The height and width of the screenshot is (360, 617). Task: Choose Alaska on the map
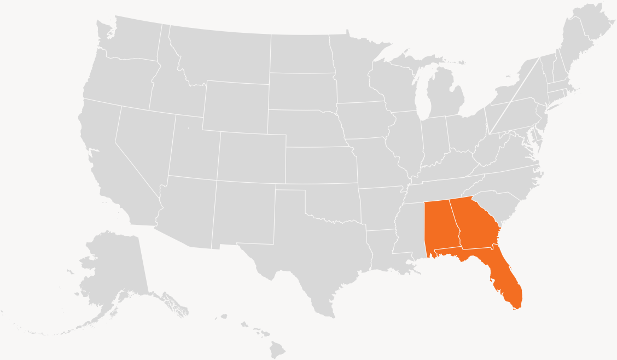click(109, 274)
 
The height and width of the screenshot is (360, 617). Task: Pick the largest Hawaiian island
click(277, 348)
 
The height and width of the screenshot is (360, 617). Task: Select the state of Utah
click(191, 148)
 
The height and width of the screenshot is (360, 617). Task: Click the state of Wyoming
click(235, 107)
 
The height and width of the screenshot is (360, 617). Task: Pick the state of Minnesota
click(356, 66)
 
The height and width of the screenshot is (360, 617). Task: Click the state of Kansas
click(320, 164)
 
